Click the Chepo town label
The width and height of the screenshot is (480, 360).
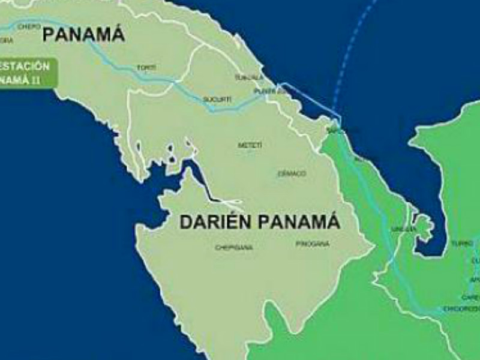coord(29,26)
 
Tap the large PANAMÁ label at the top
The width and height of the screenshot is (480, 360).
coord(83,35)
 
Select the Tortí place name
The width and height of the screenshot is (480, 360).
coord(146,68)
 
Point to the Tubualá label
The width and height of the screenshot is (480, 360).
coord(249,78)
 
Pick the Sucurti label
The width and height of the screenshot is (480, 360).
coord(217,98)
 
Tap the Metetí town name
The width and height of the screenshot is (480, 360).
coord(250,145)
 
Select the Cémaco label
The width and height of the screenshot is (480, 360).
coord(292,173)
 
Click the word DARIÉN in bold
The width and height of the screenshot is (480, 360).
coord(218,223)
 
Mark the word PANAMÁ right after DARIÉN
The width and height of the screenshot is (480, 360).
coord(299,223)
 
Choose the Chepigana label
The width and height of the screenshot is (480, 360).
coord(234,247)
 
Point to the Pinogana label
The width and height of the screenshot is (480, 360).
coord(313,244)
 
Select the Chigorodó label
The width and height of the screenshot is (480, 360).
coord(461,308)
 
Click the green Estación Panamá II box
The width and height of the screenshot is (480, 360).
coord(27,73)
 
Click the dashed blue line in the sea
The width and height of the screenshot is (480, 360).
coord(354,48)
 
